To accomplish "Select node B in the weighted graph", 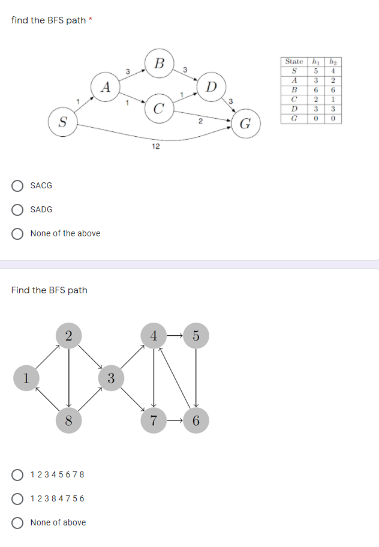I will (x=159, y=63).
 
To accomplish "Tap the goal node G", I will (x=245, y=124).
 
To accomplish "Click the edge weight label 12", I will (x=155, y=146).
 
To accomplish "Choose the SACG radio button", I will (x=19, y=186).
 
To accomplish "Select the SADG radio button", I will (x=19, y=210).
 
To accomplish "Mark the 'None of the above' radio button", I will (x=19, y=233).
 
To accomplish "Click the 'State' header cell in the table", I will (x=294, y=61).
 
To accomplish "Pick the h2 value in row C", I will (x=335, y=100).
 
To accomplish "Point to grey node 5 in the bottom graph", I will (x=197, y=336).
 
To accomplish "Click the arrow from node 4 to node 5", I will (x=175, y=336).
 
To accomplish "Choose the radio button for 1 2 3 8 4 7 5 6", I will (x=19, y=498).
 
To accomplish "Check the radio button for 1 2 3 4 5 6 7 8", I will (x=19, y=474).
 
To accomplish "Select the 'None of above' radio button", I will (x=19, y=522).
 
